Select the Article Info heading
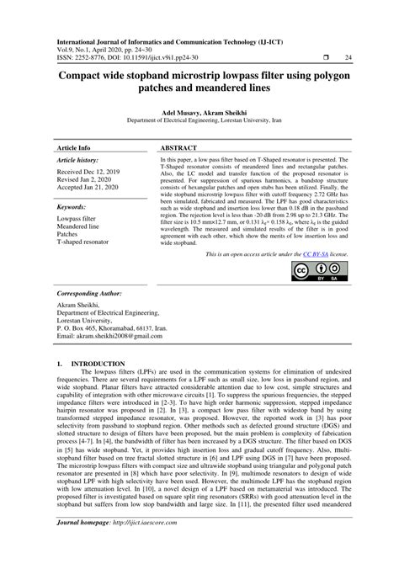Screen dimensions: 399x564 73,146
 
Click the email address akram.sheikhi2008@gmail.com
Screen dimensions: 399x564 110,336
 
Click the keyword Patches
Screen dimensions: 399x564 69,233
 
